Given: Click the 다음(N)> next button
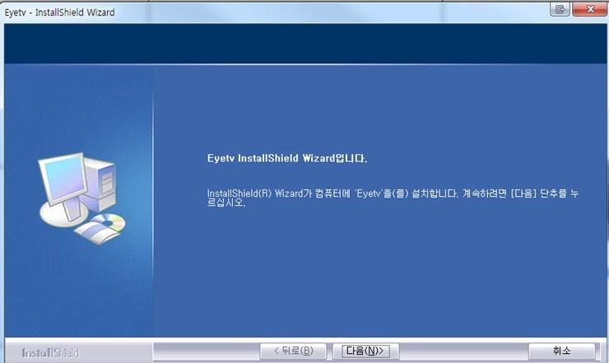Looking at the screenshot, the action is [365, 351].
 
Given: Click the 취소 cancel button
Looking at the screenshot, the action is [561, 351].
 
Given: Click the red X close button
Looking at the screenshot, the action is [589, 9].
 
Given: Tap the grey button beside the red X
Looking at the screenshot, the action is [560, 9].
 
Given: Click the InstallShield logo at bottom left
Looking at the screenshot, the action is [50, 353].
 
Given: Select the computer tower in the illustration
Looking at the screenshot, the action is [100, 184].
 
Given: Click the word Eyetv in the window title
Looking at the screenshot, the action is [15, 13].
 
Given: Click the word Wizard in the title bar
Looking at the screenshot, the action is [100, 12].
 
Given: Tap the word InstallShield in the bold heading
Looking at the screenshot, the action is [268, 158].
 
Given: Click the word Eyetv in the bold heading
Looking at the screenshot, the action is [221, 159].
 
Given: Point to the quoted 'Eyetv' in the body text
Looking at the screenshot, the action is [369, 193].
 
